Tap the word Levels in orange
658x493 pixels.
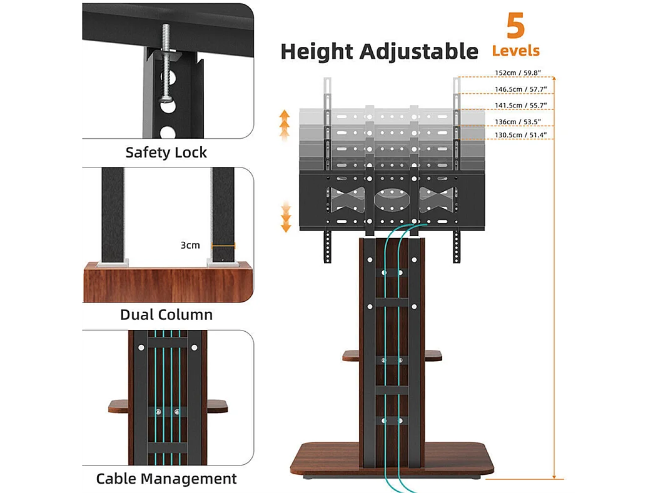point(515,51)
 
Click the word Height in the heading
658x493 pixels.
point(319,51)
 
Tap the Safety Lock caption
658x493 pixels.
point(166,152)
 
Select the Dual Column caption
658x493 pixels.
point(166,315)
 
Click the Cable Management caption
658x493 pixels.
point(166,479)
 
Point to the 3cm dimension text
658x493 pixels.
point(190,245)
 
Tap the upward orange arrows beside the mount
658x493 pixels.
point(285,124)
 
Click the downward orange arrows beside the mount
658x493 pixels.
point(286,216)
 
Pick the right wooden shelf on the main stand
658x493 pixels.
point(431,356)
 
